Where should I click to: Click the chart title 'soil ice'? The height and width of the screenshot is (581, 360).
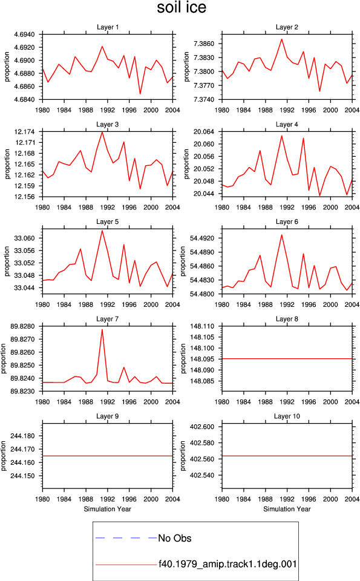182,7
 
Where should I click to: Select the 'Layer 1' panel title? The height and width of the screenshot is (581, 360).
108,27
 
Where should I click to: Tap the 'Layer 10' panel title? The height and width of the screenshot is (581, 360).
287,416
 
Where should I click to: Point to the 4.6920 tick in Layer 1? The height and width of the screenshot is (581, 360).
24,47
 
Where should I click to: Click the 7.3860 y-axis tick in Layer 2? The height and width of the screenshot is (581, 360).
204,44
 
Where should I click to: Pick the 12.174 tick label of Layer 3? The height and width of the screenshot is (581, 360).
24,131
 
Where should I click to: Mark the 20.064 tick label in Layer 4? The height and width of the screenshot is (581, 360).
204,131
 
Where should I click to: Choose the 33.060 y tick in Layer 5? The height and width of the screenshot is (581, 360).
24,238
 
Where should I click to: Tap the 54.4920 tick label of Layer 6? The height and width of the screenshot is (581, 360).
202,238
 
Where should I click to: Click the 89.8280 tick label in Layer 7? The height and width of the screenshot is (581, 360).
22,326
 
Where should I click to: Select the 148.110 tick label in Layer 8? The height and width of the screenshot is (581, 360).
202,326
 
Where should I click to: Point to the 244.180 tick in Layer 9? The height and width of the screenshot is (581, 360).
22,436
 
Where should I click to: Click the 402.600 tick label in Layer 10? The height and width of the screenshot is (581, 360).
202,427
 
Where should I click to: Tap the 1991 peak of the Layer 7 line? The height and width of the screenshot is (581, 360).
102,329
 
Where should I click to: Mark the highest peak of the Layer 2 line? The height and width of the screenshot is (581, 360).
281,39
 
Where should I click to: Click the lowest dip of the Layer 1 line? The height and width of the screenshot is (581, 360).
140,94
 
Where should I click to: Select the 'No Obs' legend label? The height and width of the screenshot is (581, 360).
175,538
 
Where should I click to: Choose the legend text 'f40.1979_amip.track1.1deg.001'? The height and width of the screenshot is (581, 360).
227,564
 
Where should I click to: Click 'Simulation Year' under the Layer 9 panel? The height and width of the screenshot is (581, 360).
108,509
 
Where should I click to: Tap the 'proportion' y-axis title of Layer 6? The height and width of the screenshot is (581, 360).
183,261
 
